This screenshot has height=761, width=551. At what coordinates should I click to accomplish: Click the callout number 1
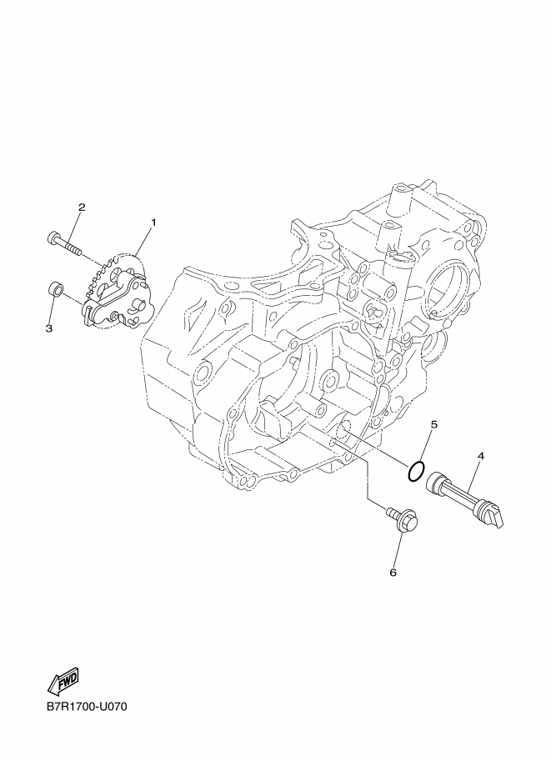point(153,223)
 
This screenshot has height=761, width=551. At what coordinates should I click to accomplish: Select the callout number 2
point(82,208)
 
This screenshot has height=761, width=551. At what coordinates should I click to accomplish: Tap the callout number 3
point(49,328)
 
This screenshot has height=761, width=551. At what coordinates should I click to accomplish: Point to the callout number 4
point(481,456)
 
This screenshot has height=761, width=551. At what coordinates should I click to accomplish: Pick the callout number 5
point(434,424)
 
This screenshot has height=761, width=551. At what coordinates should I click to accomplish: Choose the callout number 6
point(393,573)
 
